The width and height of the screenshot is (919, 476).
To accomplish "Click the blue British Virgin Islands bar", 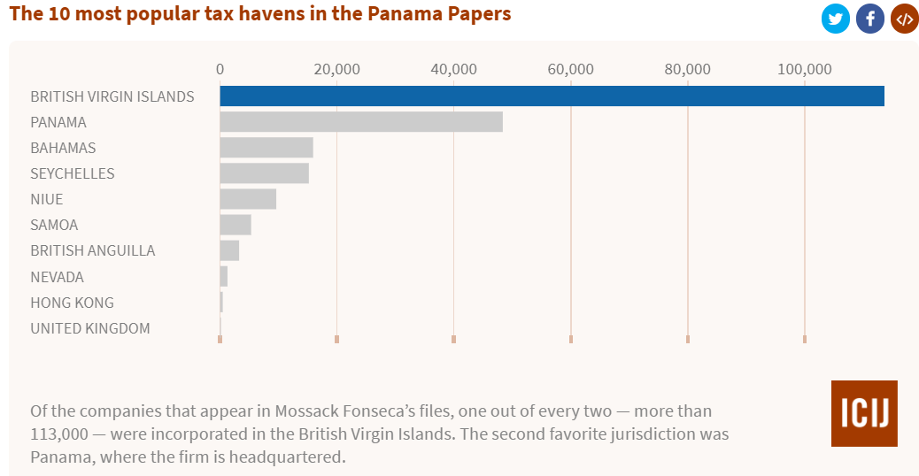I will (x=552, y=96).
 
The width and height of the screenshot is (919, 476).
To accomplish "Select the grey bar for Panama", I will (x=361, y=122).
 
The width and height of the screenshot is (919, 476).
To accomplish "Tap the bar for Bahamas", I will (x=266, y=148).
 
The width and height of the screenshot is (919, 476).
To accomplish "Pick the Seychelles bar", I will (x=264, y=173).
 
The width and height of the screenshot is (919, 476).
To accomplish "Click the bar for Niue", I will (x=248, y=199).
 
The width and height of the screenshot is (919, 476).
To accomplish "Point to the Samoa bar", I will (x=236, y=225).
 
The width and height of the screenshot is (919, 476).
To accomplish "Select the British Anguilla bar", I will (x=229, y=250).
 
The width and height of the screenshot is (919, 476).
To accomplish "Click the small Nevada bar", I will (x=224, y=276).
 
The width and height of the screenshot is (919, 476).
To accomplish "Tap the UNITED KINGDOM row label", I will (x=90, y=328).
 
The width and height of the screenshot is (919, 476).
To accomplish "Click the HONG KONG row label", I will (x=72, y=303).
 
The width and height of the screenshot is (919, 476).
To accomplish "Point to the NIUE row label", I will (x=47, y=199).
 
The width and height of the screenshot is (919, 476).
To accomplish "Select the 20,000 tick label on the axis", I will (x=336, y=70).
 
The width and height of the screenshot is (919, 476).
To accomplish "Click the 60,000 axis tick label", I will (x=570, y=70).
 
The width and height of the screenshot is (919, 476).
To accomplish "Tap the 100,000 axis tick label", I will (x=804, y=70).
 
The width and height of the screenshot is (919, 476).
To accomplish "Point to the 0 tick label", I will (x=220, y=70).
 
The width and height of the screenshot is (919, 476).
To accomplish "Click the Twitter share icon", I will (x=835, y=19).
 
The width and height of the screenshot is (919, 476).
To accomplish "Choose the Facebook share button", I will (x=869, y=19).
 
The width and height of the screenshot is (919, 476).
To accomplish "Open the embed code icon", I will (x=903, y=19).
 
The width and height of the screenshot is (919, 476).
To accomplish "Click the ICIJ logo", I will (x=863, y=413).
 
